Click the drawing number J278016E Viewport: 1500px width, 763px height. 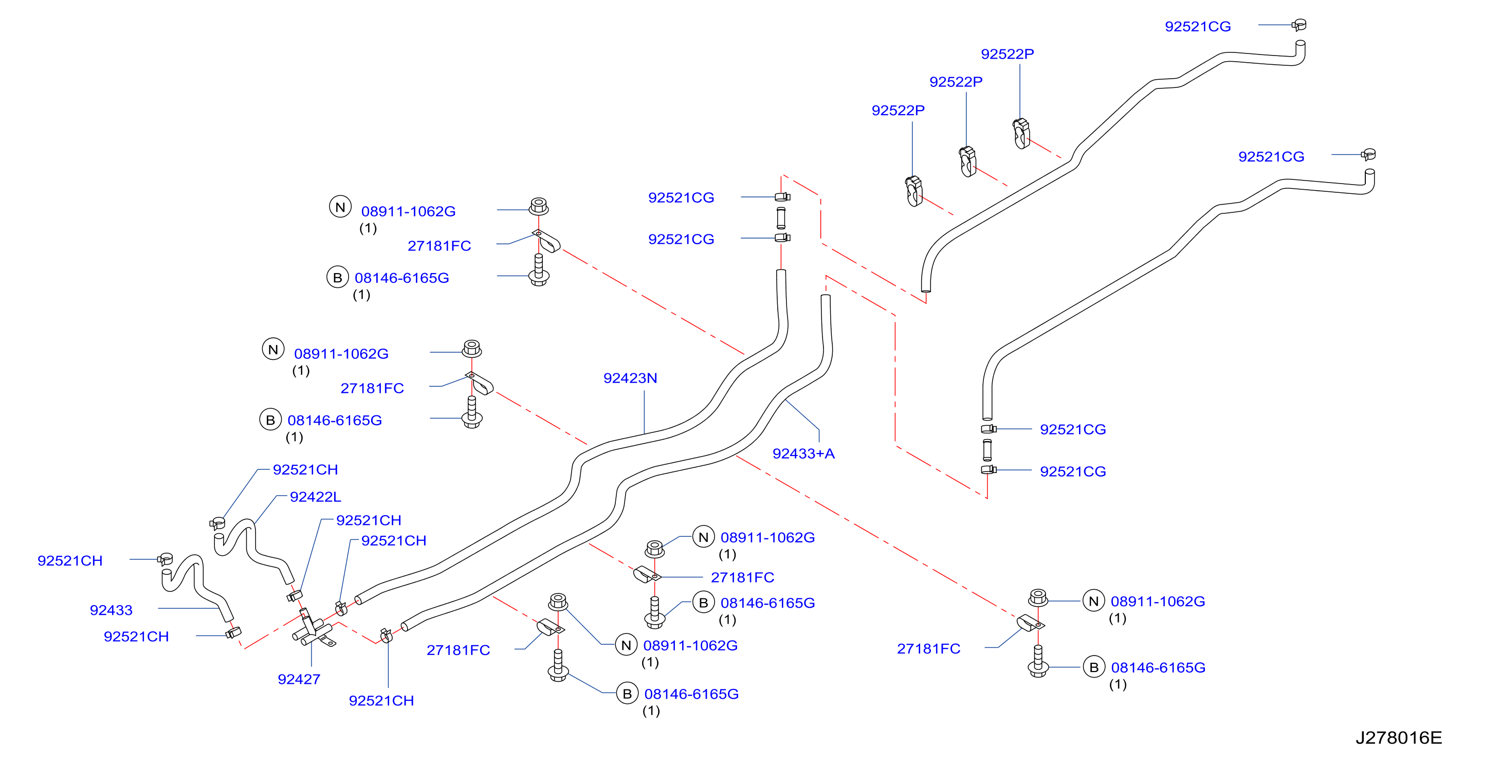pos(1398,737)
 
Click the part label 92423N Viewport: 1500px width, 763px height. pos(630,378)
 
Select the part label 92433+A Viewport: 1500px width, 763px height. pos(803,453)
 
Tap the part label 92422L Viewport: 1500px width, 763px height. pos(315,497)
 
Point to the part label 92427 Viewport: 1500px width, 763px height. pos(299,679)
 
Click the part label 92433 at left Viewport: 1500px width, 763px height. pos(111,610)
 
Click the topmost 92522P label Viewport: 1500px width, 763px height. pos(1008,53)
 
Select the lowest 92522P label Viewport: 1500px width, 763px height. pos(898,110)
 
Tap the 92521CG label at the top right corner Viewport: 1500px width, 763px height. pos(1198,26)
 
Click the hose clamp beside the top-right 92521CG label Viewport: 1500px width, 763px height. pos(1298,25)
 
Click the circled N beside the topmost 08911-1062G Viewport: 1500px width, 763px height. pos(340,207)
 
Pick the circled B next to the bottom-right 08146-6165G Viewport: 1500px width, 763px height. pos(1093,667)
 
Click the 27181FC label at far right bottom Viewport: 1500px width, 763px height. pos(928,648)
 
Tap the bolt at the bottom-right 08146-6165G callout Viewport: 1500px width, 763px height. pos(1038,662)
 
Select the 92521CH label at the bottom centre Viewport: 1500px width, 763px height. pos(381,700)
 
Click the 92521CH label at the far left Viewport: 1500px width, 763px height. pos(70,560)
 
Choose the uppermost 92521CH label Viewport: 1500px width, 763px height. pos(305,469)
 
